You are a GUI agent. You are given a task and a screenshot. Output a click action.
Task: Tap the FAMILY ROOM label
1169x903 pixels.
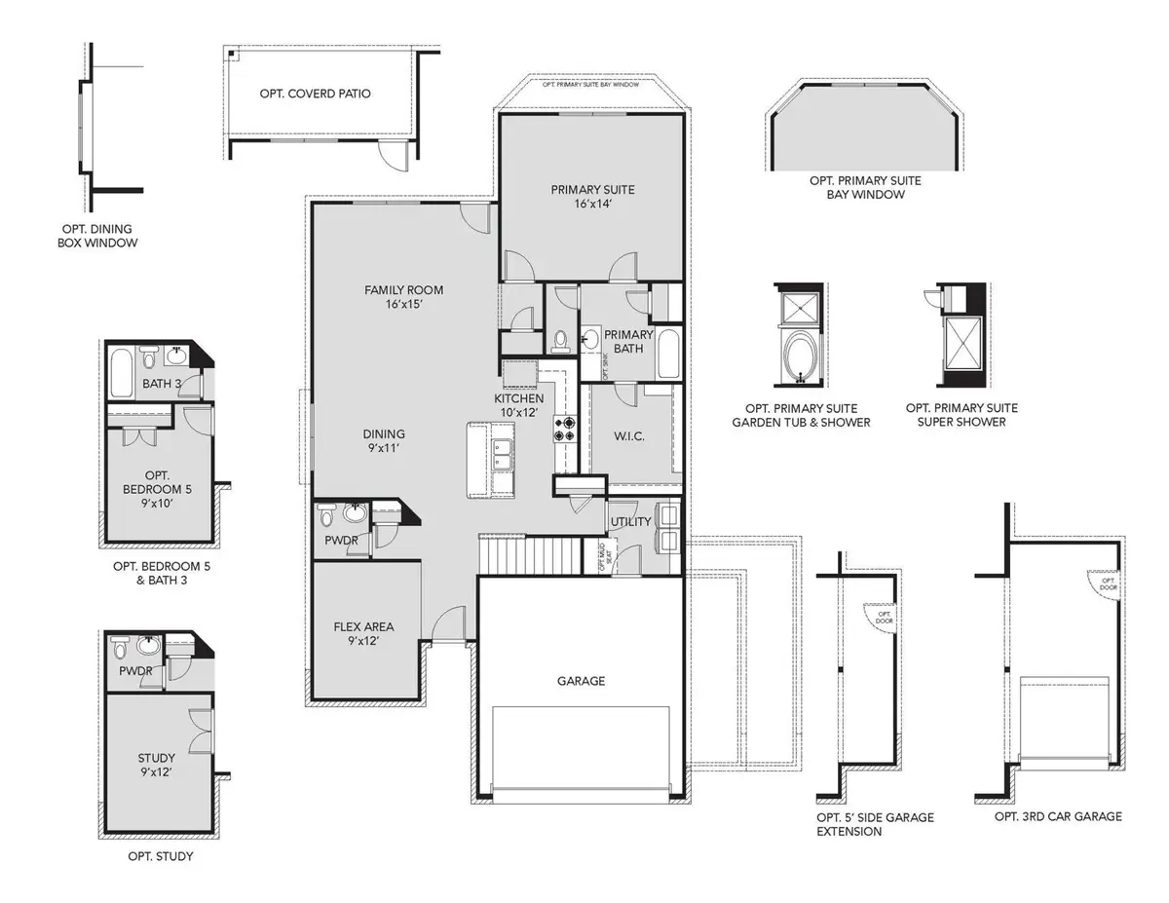click(x=403, y=297)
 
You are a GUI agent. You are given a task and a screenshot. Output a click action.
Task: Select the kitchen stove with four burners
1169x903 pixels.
click(x=566, y=430)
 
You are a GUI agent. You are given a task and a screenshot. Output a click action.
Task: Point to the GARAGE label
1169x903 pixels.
click(x=581, y=681)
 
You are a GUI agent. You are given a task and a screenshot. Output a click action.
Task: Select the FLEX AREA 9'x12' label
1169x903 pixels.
click(x=363, y=634)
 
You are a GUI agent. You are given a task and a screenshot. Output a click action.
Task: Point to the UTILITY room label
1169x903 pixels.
click(x=629, y=523)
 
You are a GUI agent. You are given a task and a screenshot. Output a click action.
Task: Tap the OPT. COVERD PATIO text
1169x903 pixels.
click(x=315, y=94)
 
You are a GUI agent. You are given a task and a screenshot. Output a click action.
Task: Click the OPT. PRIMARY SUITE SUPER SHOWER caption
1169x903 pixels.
click(x=962, y=415)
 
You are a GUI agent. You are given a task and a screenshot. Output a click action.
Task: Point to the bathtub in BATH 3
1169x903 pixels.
click(x=122, y=371)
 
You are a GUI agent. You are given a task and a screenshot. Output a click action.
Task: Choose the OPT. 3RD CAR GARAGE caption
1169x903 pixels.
click(x=1058, y=816)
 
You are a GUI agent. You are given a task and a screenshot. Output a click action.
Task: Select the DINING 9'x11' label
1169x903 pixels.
click(x=384, y=441)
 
